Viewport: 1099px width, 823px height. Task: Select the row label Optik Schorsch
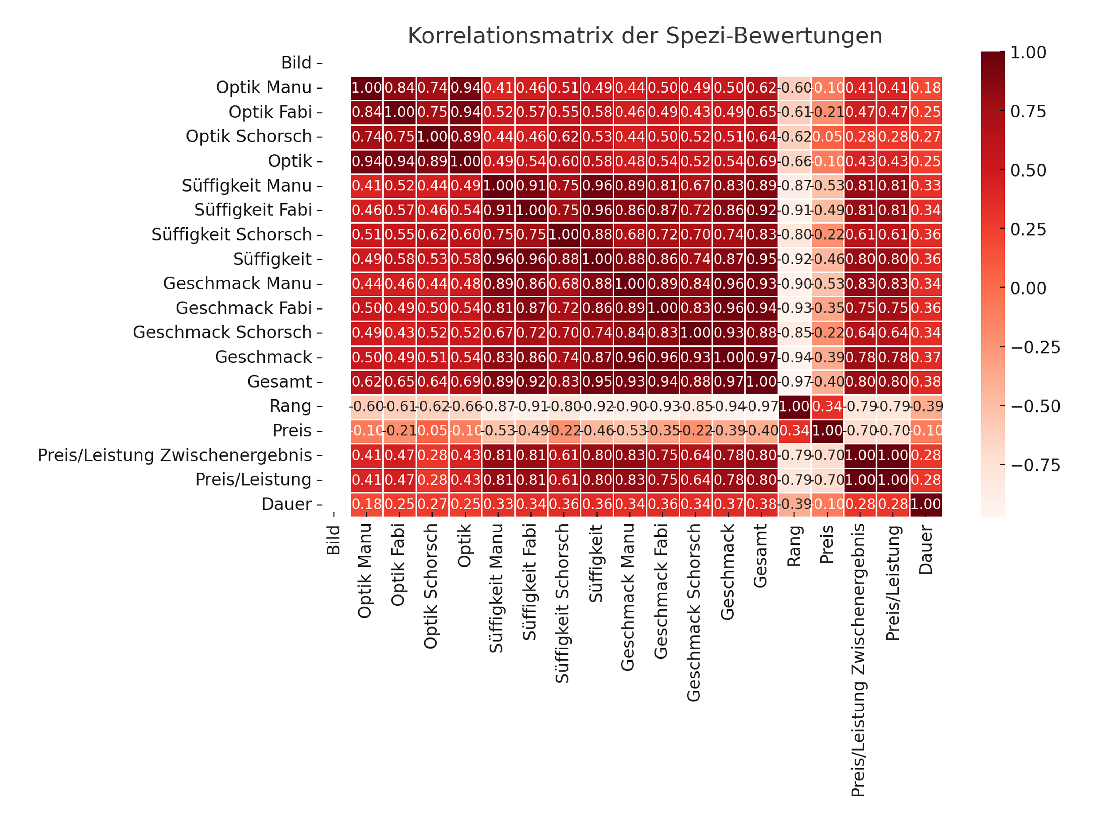pyautogui.click(x=248, y=136)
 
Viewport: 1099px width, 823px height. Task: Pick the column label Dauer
pyautogui.click(x=926, y=550)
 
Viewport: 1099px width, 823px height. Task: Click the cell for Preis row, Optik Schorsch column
pyautogui.click(x=432, y=431)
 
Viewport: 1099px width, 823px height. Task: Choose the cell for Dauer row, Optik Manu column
pyautogui.click(x=367, y=504)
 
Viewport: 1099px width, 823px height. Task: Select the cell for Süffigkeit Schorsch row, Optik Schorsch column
pyautogui.click(x=432, y=234)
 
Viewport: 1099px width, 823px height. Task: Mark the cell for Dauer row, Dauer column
pyautogui.click(x=926, y=504)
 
